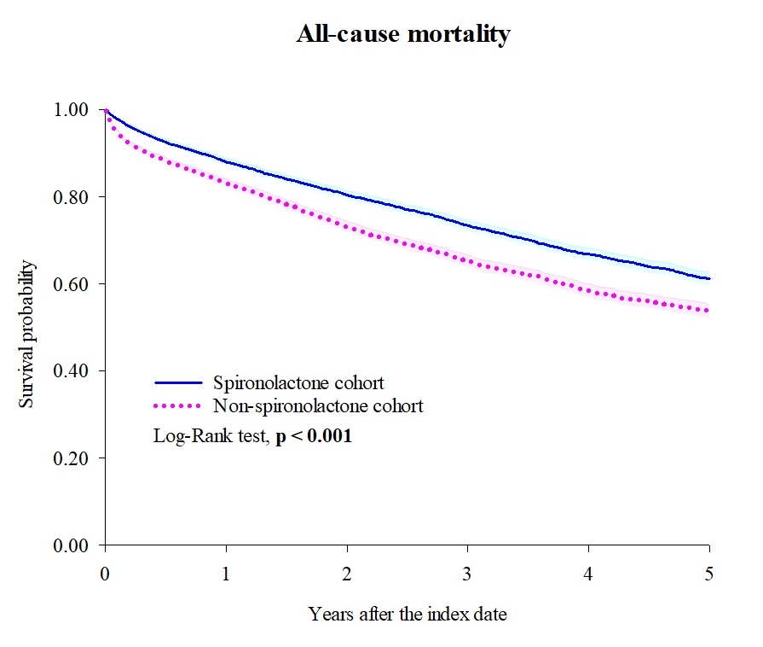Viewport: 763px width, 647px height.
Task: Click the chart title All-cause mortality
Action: pos(403,35)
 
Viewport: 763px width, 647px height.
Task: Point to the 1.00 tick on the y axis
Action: pos(72,109)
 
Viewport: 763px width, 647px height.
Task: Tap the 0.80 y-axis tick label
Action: pos(72,196)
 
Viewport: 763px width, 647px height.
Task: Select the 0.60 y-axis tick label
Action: pos(72,283)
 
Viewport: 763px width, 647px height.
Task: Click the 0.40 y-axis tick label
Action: pos(72,370)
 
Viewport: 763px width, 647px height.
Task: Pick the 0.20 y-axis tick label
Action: pos(72,458)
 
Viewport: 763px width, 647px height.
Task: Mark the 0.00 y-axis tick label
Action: pos(72,545)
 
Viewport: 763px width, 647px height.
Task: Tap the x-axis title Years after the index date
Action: pos(408,614)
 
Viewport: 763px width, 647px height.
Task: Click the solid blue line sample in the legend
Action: pos(179,383)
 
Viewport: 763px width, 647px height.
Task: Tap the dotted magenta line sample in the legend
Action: pos(179,405)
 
